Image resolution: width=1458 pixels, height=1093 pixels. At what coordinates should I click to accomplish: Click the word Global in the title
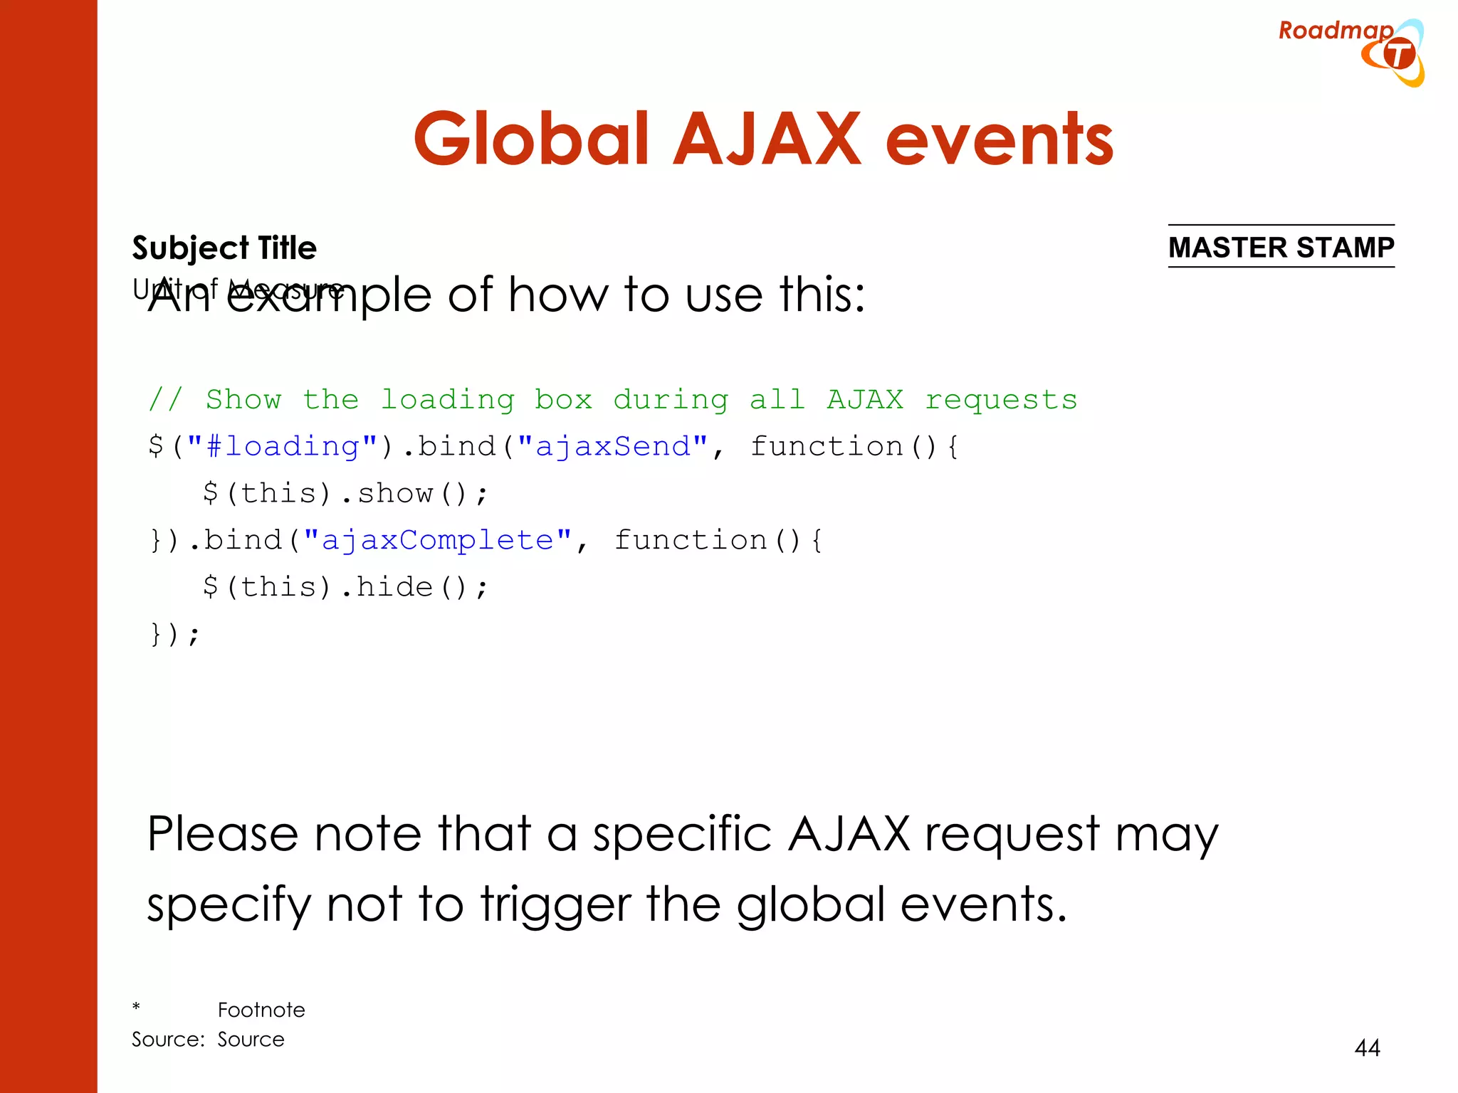[x=531, y=139]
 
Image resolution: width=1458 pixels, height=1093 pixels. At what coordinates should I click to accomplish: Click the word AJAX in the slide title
[x=767, y=139]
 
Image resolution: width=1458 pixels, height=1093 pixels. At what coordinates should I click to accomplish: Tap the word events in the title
[x=999, y=141]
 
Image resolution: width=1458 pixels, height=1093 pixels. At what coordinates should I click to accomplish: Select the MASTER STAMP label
[x=1281, y=248]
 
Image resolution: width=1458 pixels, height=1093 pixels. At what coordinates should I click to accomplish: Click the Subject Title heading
[x=224, y=248]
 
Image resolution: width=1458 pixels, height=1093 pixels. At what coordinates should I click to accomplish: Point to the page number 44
[x=1367, y=1047]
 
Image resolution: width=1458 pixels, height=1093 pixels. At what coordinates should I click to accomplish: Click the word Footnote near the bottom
[x=261, y=1010]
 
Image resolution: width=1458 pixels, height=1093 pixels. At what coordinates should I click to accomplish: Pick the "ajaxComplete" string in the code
[x=437, y=541]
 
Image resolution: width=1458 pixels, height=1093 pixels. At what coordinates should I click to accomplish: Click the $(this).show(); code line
[x=345, y=493]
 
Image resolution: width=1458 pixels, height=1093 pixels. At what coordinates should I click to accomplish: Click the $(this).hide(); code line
[x=345, y=587]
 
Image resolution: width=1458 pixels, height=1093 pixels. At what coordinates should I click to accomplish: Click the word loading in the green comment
[x=447, y=400]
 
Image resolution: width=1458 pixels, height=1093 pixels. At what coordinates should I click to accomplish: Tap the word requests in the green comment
[x=1000, y=400]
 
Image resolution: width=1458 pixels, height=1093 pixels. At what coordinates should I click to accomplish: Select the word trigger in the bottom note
[x=555, y=904]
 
